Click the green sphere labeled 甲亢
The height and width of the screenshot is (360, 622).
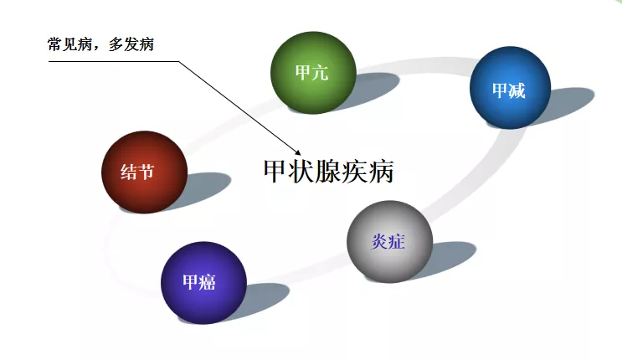(x=313, y=73)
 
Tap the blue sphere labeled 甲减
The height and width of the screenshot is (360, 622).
(x=510, y=88)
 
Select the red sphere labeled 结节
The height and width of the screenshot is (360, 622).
(x=144, y=172)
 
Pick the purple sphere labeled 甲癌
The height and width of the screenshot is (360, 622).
(x=203, y=283)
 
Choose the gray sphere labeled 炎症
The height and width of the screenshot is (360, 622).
(x=389, y=242)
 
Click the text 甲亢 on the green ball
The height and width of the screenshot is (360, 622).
(x=311, y=73)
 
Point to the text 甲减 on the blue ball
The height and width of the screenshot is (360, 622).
(x=508, y=90)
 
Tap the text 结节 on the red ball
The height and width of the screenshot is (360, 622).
(x=137, y=172)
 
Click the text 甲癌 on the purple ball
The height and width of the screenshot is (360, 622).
(x=199, y=282)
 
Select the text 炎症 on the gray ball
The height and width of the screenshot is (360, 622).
(x=388, y=241)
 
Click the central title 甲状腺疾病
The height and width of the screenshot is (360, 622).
(x=328, y=172)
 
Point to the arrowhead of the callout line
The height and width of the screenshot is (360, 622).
(x=298, y=152)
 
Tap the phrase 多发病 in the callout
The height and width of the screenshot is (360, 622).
(x=131, y=44)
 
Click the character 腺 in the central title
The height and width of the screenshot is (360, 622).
(x=329, y=172)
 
